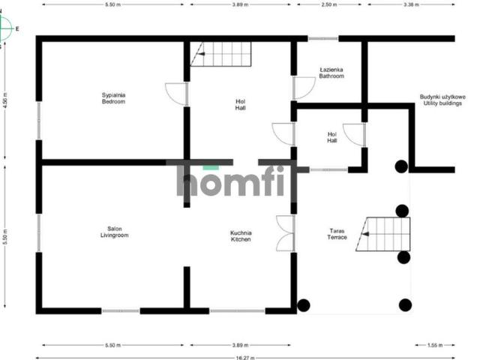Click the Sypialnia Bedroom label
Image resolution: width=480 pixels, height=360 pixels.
click(x=113, y=98)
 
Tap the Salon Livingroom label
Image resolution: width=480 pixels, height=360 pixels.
click(x=115, y=232)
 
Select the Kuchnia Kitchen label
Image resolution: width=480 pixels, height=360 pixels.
click(x=241, y=236)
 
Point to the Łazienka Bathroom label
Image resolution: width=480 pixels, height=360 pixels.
click(x=331, y=73)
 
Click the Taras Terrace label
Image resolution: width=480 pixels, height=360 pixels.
click(x=337, y=234)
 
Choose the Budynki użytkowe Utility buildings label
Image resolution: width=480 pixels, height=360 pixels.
click(x=442, y=100)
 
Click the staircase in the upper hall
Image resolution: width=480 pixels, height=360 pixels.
click(x=220, y=54)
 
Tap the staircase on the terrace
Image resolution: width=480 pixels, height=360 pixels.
click(x=383, y=234)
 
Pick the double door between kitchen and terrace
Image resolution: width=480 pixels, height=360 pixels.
click(x=285, y=233)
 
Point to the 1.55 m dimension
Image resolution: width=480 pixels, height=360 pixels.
click(x=435, y=345)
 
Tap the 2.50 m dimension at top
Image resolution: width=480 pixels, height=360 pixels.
click(x=329, y=4)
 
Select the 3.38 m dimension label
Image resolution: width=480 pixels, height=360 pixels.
click(x=411, y=4)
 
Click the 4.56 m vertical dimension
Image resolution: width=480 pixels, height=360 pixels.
click(x=5, y=100)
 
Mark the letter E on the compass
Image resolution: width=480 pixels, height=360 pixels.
click(x=17, y=28)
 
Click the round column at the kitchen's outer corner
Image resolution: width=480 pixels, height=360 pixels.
click(x=304, y=305)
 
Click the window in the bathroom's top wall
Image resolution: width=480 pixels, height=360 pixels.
click(x=323, y=38)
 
